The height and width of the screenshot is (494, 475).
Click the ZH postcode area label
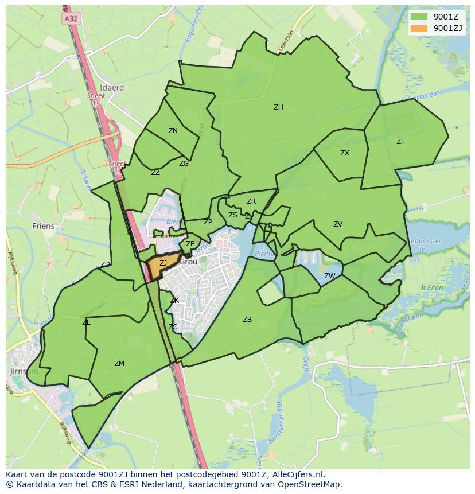pos(278,107)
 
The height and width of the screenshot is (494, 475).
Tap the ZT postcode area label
pos(400,142)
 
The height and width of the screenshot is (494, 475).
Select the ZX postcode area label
pos(345,153)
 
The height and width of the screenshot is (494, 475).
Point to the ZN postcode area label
pos(173,131)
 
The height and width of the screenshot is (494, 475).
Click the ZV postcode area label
pos(338,224)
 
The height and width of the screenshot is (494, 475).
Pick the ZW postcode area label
pos(329,276)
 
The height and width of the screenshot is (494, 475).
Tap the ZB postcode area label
pos(247,320)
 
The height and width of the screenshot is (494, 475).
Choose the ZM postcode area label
pos(119,364)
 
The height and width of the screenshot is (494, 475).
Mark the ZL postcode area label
pos(86,322)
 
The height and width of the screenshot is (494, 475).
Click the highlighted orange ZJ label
pos(163,263)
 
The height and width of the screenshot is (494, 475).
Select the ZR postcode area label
pos(251,201)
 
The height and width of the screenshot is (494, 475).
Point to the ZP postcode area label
pos(208,222)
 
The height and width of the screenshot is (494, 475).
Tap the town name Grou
pos(189,262)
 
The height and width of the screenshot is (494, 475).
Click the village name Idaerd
pos(112,88)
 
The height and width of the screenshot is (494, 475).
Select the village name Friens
pos(44,226)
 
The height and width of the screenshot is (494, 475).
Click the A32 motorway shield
pos(71,19)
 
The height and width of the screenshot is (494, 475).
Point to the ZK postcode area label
pos(174,301)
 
